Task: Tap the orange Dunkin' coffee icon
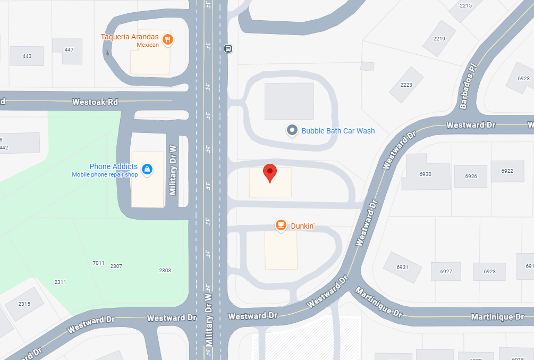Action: (281, 225)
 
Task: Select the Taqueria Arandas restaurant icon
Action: (168, 39)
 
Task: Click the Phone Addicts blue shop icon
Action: (148, 170)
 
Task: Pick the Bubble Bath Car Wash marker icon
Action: (292, 130)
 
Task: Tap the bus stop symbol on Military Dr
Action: (228, 48)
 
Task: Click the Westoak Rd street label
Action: (95, 101)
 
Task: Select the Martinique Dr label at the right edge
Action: (497, 317)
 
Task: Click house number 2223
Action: (406, 85)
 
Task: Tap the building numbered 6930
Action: (425, 174)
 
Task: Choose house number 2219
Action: (439, 38)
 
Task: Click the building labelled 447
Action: (69, 50)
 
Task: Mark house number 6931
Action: (402, 267)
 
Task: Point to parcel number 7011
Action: (98, 263)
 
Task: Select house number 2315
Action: (24, 304)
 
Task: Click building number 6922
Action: (507, 171)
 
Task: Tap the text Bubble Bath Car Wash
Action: (338, 130)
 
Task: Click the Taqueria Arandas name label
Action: (130, 37)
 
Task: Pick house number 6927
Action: (446, 271)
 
